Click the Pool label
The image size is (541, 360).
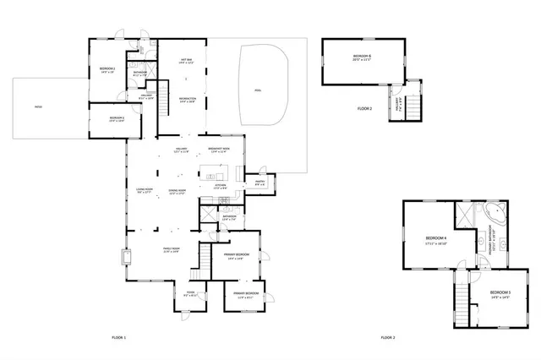click(x=257, y=90)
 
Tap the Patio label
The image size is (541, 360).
click(x=39, y=106)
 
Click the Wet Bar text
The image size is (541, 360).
click(x=187, y=60)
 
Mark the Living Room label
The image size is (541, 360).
click(x=144, y=190)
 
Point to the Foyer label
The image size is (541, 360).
click(x=190, y=294)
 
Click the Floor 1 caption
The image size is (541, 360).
click(x=118, y=337)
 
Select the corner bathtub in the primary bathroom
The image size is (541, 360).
click(x=495, y=212)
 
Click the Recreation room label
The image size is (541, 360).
click(x=187, y=99)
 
